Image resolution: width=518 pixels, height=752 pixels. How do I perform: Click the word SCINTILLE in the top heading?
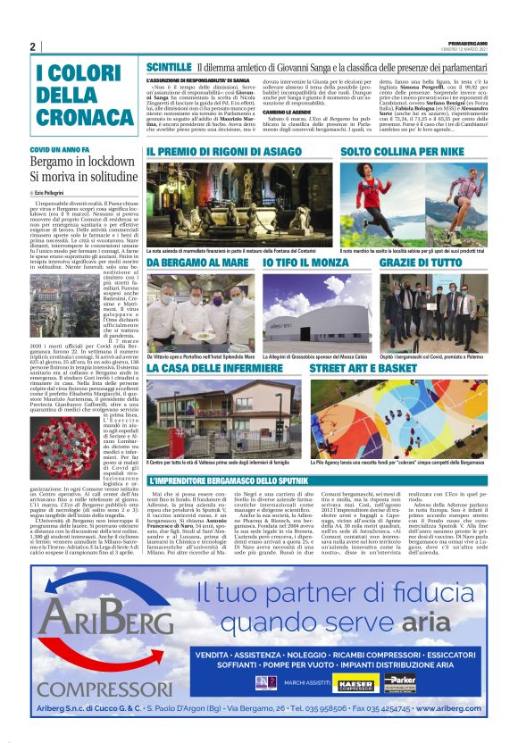point(169,67)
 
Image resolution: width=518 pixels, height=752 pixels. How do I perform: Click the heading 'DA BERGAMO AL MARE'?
point(198,264)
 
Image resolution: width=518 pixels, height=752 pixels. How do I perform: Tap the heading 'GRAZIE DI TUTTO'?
point(421,264)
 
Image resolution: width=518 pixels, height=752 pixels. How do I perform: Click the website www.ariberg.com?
point(438,706)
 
